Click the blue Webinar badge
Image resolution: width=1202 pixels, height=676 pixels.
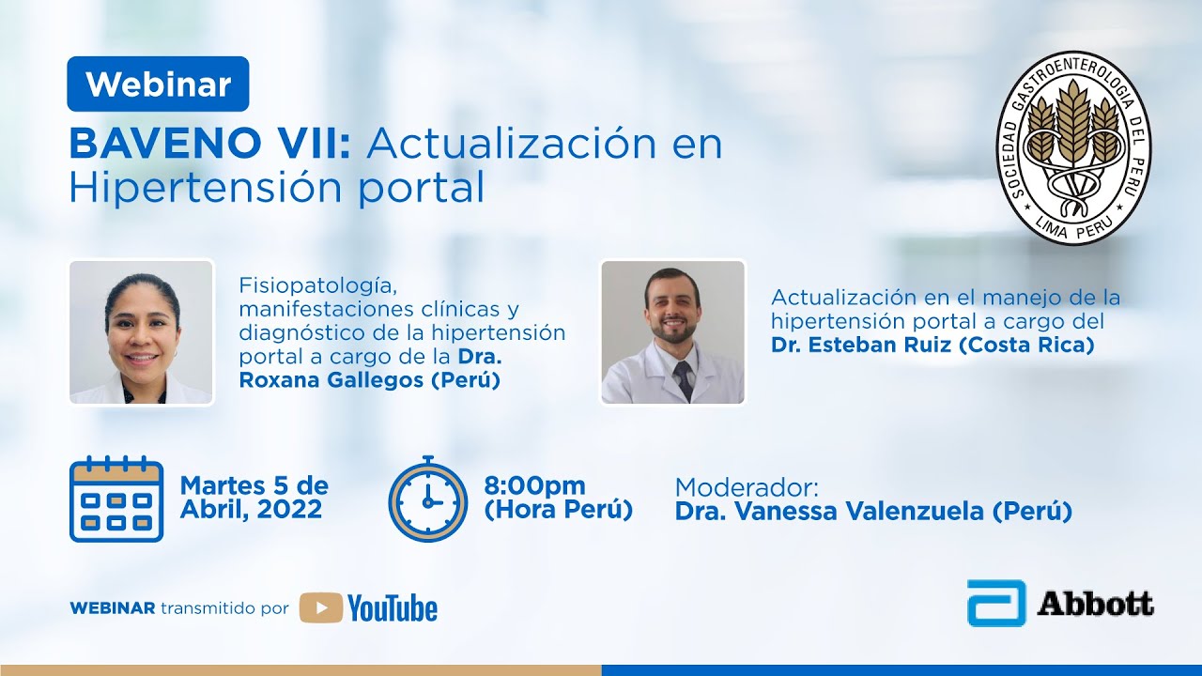[x=158, y=84]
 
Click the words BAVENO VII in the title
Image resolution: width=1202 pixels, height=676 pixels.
[x=209, y=144]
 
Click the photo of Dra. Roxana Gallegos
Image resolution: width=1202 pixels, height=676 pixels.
[x=142, y=332]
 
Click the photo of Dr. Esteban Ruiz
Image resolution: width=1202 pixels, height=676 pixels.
[x=672, y=332]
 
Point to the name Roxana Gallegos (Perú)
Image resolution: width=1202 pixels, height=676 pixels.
[x=369, y=380]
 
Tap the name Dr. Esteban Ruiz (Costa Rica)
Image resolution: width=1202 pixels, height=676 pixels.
[x=932, y=345]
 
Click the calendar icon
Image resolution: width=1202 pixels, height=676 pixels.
[x=116, y=499]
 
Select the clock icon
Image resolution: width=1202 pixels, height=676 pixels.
[x=428, y=500]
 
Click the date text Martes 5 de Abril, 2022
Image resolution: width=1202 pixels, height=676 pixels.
[x=254, y=498]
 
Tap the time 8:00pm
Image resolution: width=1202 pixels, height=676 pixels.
[x=534, y=486]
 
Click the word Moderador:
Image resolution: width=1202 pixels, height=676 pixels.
[x=747, y=488]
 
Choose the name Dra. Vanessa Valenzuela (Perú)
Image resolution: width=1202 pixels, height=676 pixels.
[x=873, y=513]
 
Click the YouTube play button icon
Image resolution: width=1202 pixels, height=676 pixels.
[x=321, y=608]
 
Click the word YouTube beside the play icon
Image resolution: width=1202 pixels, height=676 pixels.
[x=393, y=608]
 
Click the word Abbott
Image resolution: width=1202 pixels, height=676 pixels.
[x=1095, y=604]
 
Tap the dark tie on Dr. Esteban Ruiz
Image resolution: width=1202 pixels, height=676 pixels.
[x=685, y=379]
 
